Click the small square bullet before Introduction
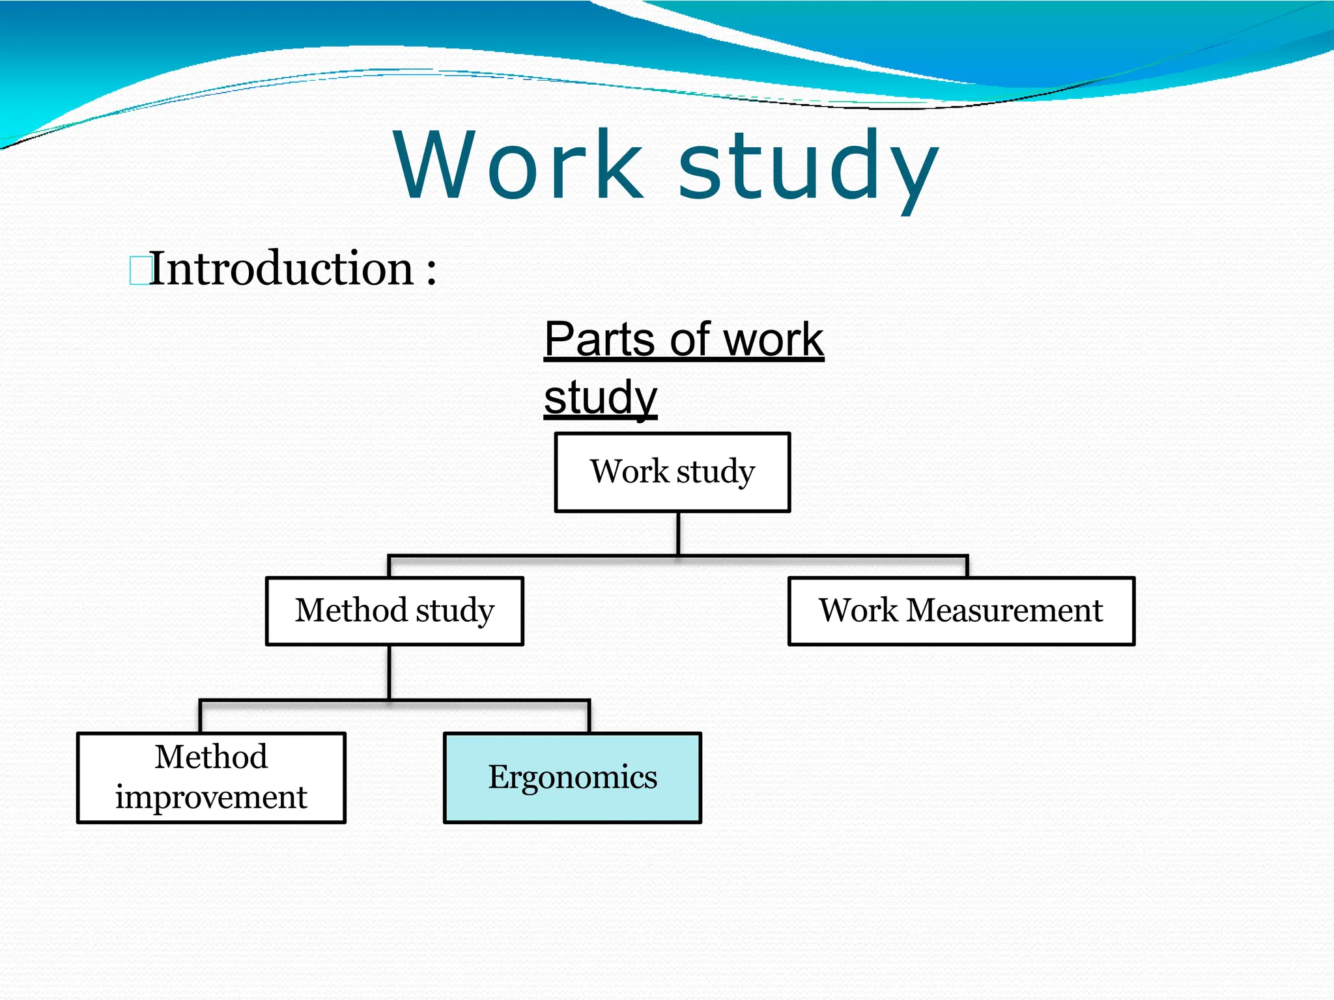(x=138, y=271)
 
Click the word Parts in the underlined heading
(x=599, y=340)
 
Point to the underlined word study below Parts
(x=600, y=397)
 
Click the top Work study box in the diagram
(x=672, y=472)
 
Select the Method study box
(x=395, y=611)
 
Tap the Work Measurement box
(x=961, y=611)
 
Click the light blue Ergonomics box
(x=572, y=777)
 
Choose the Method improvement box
(x=211, y=777)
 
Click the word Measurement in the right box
(x=1004, y=611)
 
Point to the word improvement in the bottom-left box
(x=211, y=798)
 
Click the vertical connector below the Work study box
(x=678, y=534)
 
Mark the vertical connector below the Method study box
(x=389, y=673)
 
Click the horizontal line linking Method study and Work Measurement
(x=821, y=557)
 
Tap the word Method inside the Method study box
(x=352, y=611)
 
